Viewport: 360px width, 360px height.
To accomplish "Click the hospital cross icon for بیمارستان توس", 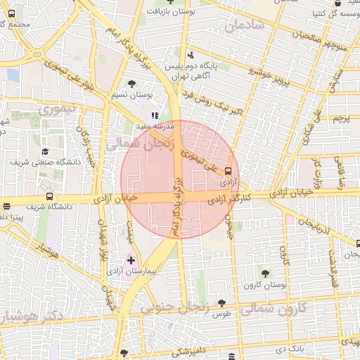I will [131, 260].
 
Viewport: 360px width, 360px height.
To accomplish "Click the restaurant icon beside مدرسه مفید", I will [155, 116].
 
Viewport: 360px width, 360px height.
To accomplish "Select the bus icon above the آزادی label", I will [228, 171].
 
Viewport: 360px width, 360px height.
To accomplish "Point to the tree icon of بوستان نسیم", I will [132, 84].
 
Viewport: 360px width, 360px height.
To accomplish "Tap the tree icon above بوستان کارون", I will [264, 274].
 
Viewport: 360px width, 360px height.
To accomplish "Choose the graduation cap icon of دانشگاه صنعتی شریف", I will [45, 151].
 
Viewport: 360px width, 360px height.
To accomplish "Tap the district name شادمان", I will [244, 27].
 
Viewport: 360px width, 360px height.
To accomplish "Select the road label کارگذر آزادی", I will [229, 200].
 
